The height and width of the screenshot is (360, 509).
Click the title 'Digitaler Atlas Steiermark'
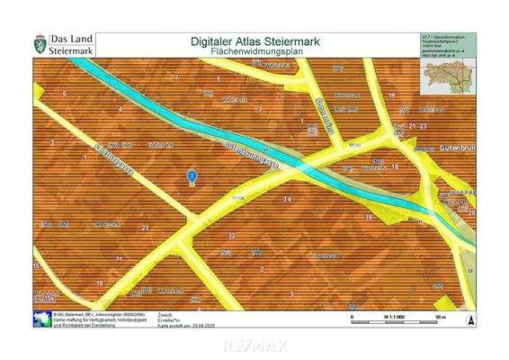click(257, 40)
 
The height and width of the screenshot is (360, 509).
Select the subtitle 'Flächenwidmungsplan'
click(257, 52)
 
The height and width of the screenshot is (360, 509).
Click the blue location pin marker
click(191, 177)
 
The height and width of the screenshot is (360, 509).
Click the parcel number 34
click(287, 198)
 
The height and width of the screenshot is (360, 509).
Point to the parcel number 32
click(231, 235)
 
